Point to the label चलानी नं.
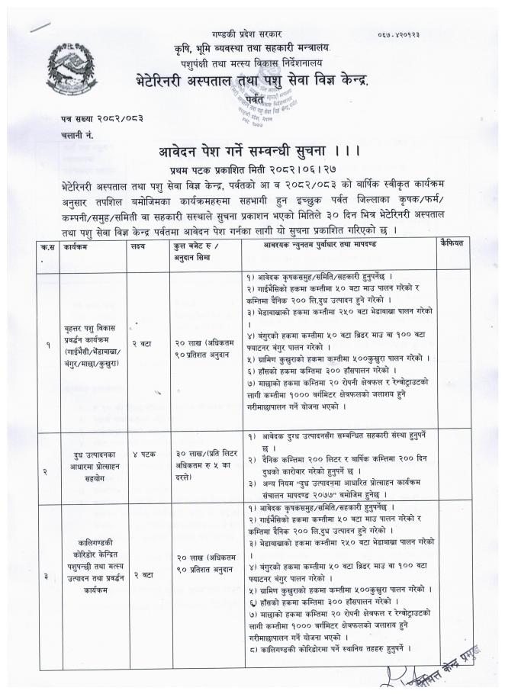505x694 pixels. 77,134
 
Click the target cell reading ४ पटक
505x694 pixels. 143,454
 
